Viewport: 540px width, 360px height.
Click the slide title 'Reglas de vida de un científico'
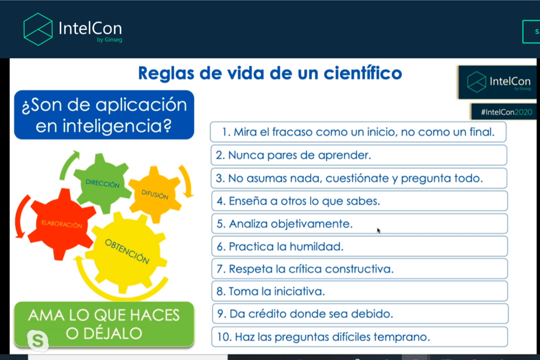coord(269,74)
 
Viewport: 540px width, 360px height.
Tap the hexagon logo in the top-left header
coord(38,29)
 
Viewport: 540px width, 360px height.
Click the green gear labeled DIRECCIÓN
coord(102,183)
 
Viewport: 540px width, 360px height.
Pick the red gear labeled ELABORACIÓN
coord(60,224)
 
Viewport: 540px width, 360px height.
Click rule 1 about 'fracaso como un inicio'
coord(358,132)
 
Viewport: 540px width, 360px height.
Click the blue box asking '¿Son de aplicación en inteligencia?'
coord(104,115)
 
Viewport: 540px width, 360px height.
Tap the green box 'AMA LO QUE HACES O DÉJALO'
coord(104,324)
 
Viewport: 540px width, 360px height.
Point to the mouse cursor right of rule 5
coord(379,231)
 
